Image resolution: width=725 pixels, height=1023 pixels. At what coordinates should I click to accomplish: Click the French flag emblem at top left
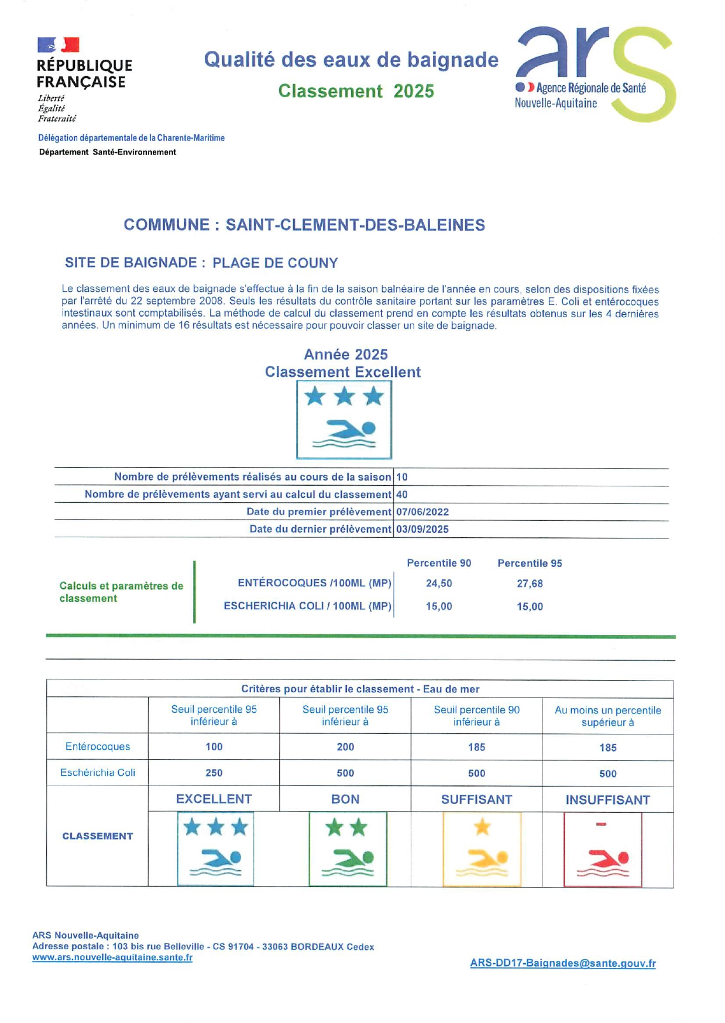tap(58, 45)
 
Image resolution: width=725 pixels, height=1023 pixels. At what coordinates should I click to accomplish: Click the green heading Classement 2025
tap(356, 91)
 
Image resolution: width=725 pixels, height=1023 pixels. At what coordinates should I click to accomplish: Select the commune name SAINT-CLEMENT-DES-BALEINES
tap(355, 225)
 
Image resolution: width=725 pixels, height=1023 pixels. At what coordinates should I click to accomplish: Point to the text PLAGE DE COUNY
tap(275, 263)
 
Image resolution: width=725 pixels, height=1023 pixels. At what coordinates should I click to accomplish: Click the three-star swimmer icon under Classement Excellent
tap(344, 420)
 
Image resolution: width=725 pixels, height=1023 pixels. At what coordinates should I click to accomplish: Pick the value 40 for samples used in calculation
tap(402, 495)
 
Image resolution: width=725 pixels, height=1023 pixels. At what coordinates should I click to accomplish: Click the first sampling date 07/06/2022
tap(422, 512)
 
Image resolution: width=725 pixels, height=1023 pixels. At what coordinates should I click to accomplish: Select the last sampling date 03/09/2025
tap(422, 530)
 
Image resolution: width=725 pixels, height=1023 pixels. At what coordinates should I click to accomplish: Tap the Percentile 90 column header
tap(439, 563)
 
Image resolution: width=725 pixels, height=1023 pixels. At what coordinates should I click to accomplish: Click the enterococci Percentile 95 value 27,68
tap(530, 583)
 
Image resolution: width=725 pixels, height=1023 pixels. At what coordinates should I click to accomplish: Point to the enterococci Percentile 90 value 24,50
tap(439, 583)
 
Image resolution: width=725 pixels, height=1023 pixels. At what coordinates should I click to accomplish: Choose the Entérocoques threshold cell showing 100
tap(214, 747)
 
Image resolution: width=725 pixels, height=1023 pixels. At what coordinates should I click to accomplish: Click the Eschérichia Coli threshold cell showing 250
tap(214, 773)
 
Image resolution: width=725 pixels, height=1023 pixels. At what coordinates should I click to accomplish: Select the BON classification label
tap(345, 799)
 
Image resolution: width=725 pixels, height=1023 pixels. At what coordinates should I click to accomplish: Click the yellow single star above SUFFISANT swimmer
tap(482, 827)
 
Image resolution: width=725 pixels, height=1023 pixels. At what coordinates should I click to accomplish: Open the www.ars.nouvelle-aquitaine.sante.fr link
tap(112, 957)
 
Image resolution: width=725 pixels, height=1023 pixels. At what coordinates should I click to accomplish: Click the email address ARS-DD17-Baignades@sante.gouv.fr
tap(562, 963)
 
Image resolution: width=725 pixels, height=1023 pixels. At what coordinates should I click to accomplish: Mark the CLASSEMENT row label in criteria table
tap(98, 836)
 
